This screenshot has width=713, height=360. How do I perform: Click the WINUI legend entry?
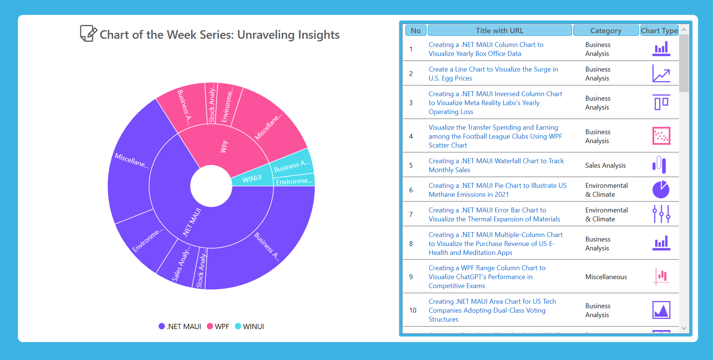click(249, 326)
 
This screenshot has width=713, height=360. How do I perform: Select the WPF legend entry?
click(218, 326)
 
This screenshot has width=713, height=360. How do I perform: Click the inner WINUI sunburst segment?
click(252, 179)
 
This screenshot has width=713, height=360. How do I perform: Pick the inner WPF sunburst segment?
click(224, 146)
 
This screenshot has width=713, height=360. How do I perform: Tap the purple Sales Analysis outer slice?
click(180, 263)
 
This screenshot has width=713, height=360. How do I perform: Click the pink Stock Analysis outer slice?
click(212, 103)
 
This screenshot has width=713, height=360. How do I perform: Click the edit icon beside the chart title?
click(88, 34)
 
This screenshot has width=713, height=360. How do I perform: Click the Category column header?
click(606, 31)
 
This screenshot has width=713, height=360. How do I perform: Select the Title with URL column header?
click(499, 31)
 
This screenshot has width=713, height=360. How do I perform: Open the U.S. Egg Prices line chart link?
click(493, 73)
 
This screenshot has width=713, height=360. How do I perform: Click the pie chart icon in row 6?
click(661, 190)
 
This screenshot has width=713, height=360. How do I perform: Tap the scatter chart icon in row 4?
click(661, 136)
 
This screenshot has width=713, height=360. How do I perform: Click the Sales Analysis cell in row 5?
click(605, 165)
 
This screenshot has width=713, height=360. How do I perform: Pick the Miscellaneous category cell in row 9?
click(606, 277)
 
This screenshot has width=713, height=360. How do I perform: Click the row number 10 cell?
click(412, 310)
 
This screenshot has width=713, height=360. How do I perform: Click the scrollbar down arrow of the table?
click(684, 328)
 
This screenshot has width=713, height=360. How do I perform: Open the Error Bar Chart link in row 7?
click(494, 214)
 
